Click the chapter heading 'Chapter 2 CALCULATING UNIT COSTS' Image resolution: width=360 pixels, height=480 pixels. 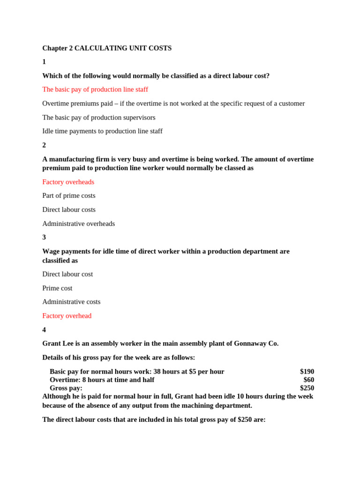[x=107, y=48]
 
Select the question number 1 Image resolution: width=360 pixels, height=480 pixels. [x=44, y=62]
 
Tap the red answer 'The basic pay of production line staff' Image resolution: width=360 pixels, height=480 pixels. [x=95, y=90]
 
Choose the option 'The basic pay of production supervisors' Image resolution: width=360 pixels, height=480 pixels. [x=99, y=117]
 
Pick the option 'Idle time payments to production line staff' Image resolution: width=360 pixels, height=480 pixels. [x=102, y=131]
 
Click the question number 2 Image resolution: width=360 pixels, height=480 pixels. [x=44, y=145]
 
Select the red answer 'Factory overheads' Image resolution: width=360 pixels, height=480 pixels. [x=68, y=182]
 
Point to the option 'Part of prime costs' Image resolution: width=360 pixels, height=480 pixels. [x=69, y=195]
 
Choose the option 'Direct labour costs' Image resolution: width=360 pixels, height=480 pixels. [x=69, y=210]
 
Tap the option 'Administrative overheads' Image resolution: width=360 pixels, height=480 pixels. [x=78, y=224]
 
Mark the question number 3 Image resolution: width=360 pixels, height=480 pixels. [x=44, y=237]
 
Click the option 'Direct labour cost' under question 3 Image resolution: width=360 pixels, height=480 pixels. [x=67, y=274]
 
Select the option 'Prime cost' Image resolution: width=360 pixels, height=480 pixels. [x=57, y=288]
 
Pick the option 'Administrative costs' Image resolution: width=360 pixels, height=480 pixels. [x=71, y=302]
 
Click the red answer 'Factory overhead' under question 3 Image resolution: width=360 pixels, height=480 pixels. [x=67, y=316]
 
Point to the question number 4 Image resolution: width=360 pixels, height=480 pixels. [x=44, y=330]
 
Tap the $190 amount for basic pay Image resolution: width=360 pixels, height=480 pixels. [x=307, y=372]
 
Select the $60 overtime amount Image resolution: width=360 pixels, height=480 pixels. [x=309, y=380]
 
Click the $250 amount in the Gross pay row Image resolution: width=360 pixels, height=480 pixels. [x=307, y=388]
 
